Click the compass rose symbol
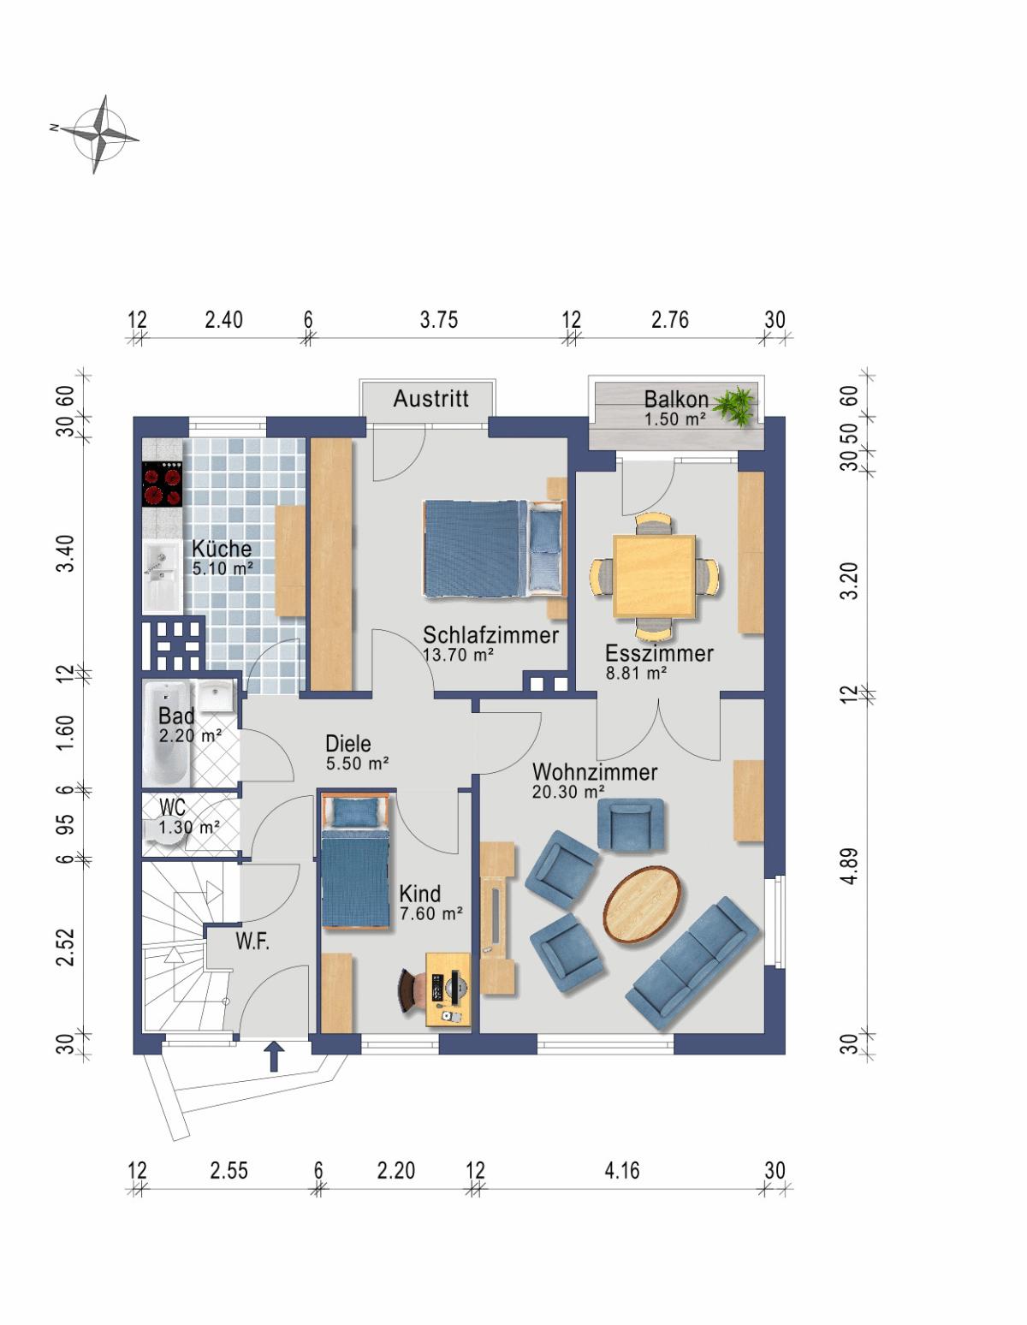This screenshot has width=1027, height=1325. click(98, 134)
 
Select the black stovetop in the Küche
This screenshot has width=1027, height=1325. click(163, 484)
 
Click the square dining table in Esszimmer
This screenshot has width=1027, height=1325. click(654, 575)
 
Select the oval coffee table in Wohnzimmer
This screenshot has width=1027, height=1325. click(642, 905)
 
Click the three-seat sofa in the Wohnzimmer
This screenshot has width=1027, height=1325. click(692, 964)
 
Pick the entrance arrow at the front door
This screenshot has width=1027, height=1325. click(274, 1057)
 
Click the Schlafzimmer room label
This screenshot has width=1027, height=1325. click(490, 635)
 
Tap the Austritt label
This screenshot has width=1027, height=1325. click(431, 399)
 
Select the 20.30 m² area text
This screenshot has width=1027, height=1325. click(568, 792)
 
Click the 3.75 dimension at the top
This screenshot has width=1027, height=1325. click(439, 319)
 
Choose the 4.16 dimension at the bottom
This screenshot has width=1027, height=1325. click(622, 1170)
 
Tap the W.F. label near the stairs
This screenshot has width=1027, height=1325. click(252, 942)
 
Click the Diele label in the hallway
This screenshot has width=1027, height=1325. click(348, 743)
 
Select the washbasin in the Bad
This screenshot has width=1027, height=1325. click(216, 696)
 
